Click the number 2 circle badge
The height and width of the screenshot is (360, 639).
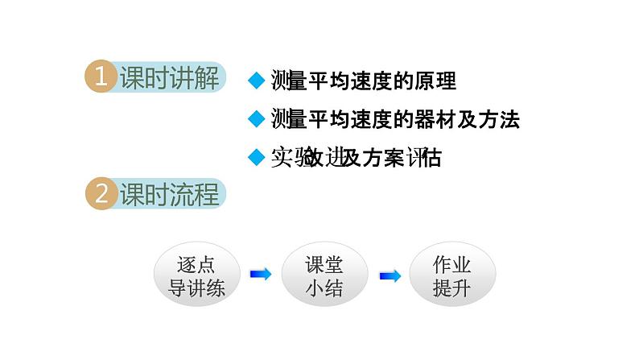[101, 195]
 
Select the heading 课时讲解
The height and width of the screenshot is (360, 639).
[169, 78]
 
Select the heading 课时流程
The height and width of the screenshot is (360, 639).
[169, 195]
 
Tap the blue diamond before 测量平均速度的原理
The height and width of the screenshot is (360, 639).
[257, 81]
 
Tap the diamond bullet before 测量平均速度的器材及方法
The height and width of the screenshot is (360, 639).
[257, 119]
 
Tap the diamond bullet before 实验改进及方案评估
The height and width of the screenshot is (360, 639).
[257, 157]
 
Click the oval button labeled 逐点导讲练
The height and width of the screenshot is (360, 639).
[196, 276]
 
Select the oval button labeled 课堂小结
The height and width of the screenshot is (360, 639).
[324, 276]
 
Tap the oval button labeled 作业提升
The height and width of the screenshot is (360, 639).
[451, 276]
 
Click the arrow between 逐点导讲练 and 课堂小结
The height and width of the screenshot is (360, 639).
[260, 275]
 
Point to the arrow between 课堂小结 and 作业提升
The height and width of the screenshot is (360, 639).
[390, 275]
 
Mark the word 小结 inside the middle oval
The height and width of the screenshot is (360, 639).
[324, 288]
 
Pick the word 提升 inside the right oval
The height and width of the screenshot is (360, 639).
[451, 288]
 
